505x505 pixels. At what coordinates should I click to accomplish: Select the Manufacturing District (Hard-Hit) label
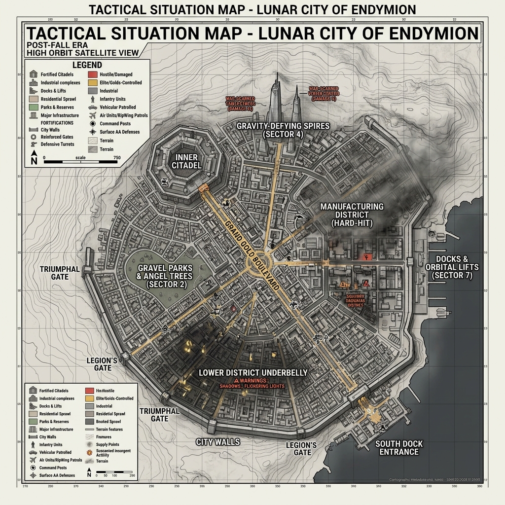(352, 215)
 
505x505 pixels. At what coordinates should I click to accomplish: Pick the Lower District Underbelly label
(252, 372)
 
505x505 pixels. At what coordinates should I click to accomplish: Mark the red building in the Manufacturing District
(365, 257)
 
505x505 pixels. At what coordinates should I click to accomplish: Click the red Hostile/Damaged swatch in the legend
(92, 74)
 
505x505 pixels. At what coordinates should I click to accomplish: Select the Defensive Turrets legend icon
(33, 144)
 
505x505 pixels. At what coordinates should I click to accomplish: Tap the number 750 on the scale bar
(116, 158)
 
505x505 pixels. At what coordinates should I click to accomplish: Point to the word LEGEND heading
(87, 65)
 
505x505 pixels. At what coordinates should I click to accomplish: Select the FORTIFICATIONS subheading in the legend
(57, 123)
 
